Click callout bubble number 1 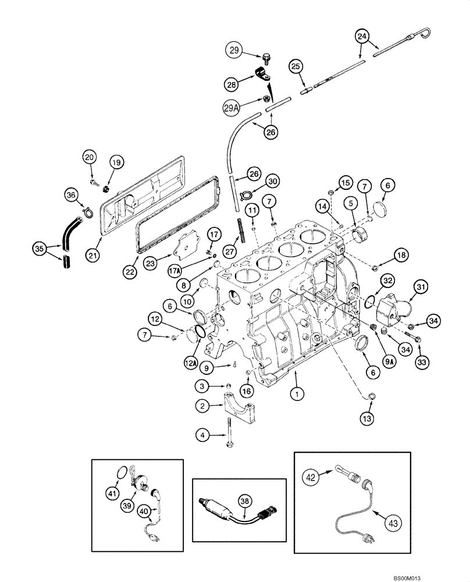[x=297, y=394]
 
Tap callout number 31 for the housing [x=421, y=286]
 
